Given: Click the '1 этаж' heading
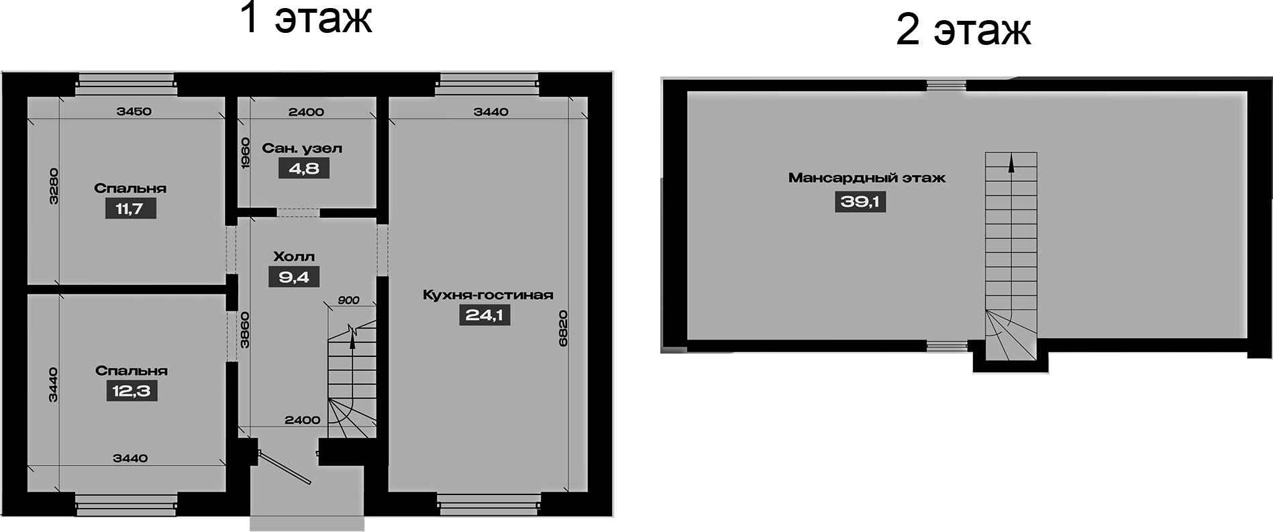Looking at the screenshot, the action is (x=305, y=18).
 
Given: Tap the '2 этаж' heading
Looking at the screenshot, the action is (x=963, y=30).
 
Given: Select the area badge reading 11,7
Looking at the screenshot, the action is (x=130, y=209).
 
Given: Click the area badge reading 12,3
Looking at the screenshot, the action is (x=132, y=390).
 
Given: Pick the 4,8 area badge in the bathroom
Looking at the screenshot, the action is (x=304, y=168).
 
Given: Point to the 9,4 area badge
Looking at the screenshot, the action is (x=294, y=276).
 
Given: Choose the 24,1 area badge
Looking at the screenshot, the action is (x=484, y=315).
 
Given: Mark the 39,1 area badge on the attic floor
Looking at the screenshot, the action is (x=860, y=201).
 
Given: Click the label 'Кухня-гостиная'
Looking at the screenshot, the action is (x=488, y=295).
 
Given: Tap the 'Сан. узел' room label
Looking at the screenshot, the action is (x=302, y=148).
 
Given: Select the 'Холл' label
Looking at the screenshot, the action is (x=294, y=257).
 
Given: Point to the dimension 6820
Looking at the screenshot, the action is (x=563, y=328).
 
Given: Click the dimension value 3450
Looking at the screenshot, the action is (x=134, y=111).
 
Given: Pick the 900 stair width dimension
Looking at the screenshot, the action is (x=348, y=301).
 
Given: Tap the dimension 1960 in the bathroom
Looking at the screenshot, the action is (x=245, y=153).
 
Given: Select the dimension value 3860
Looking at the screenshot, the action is (x=245, y=330).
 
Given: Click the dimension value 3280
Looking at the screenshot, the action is (x=54, y=186).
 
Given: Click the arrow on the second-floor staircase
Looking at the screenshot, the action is (x=1011, y=164).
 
